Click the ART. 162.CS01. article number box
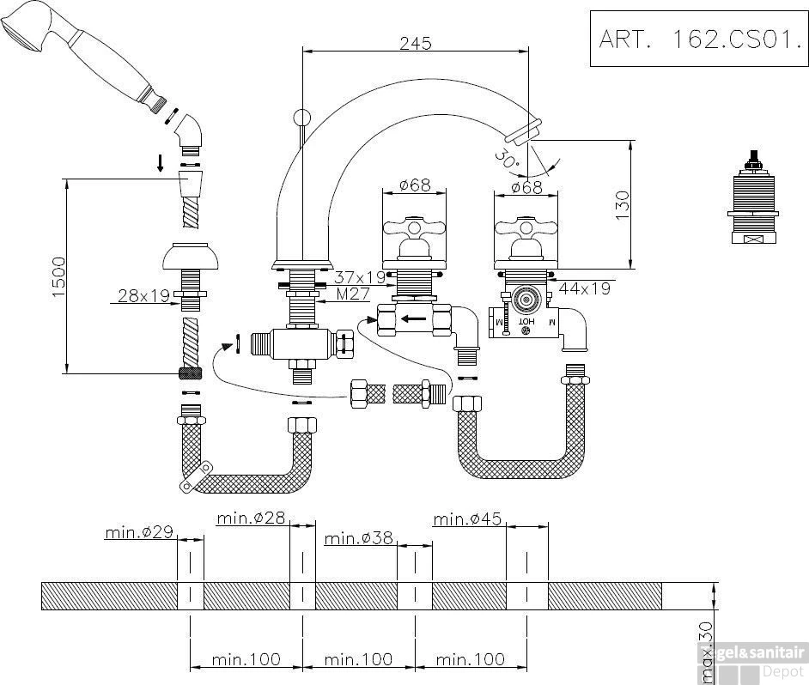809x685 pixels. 698,39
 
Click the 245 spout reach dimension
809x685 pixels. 416,43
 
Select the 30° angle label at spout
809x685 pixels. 506,158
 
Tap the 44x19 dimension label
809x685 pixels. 584,288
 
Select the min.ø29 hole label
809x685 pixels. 139,532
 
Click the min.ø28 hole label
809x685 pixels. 251,518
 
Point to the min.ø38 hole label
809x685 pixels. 359,538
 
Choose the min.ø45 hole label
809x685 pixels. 467,518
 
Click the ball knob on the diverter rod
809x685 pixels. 302,118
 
